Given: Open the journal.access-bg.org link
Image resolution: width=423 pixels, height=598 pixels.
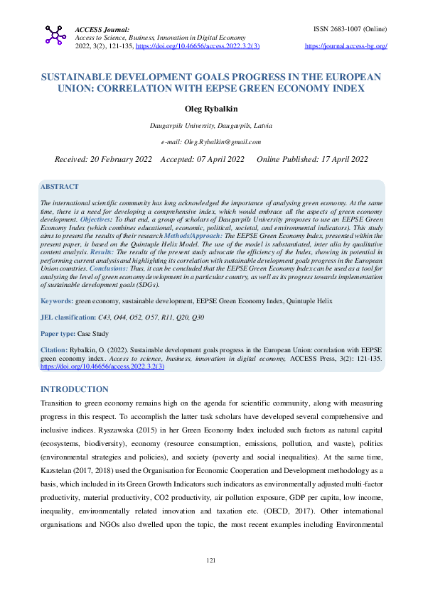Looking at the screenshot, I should (346, 46).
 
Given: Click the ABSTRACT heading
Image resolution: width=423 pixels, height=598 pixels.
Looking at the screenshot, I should (60, 186).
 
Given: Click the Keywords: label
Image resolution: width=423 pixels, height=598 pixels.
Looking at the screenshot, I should (57, 301).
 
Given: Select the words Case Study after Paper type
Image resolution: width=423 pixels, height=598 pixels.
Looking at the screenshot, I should (92, 333).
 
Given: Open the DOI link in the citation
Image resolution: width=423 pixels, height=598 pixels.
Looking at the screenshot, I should (102, 366).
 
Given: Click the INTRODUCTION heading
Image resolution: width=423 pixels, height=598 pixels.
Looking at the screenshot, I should (75, 389).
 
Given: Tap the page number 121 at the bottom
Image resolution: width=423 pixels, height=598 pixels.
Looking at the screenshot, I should (210, 581).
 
